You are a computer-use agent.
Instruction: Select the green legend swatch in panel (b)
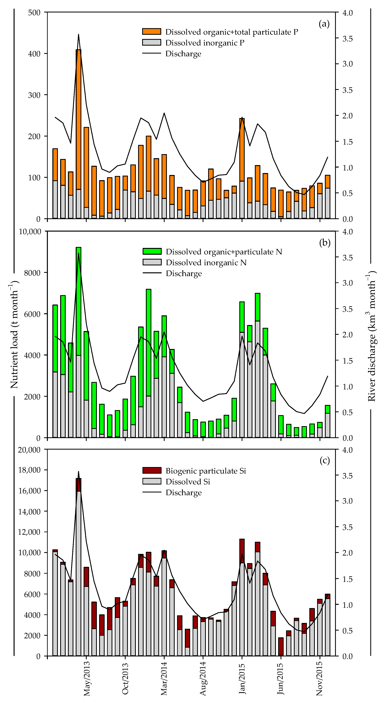(x=152, y=251)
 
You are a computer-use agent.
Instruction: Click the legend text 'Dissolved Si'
(x=188, y=482)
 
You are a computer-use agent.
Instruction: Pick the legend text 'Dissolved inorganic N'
(x=206, y=262)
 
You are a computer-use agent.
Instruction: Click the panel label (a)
(x=324, y=24)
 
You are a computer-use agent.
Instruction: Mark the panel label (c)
(x=325, y=461)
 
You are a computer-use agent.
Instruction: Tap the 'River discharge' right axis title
(x=372, y=336)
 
